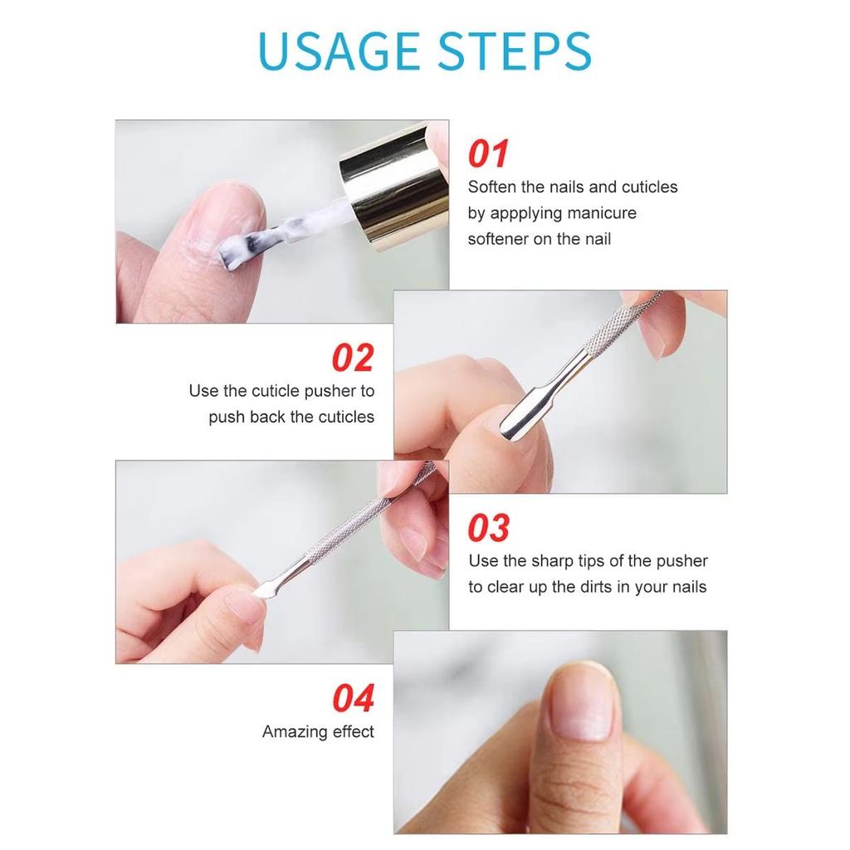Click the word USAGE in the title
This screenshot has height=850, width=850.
pos(339,51)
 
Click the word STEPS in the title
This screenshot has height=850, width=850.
pos(514,51)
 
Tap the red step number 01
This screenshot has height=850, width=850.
pos(488,154)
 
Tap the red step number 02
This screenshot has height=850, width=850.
pos(353,358)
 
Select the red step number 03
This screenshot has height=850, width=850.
pos(488,528)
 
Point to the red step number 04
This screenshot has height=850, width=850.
pos(354,697)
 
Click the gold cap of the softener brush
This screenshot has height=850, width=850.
pos(394,188)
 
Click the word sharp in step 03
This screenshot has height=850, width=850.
pos(552,562)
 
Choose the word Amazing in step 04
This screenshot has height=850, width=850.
pos(295,732)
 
